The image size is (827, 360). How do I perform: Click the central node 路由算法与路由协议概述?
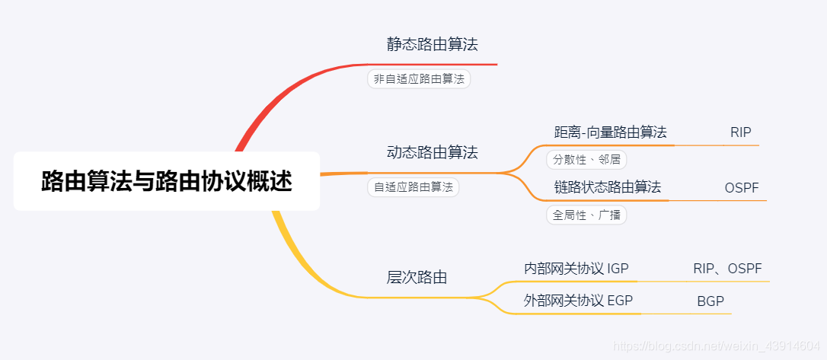point(166,181)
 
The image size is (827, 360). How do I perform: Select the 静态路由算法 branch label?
point(432,44)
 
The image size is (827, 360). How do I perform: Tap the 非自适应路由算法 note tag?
point(419,79)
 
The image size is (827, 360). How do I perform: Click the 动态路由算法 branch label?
point(432,152)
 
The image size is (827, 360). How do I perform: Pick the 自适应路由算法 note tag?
point(413,186)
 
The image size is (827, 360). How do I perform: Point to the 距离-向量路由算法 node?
point(610,132)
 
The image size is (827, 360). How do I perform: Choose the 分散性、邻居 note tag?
point(586,160)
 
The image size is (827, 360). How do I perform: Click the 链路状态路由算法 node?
point(607,186)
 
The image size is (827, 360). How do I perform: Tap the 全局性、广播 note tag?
point(586,215)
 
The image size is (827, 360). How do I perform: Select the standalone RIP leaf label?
point(740,132)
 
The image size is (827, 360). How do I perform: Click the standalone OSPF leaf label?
point(741,187)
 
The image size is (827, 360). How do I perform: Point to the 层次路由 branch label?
point(417,277)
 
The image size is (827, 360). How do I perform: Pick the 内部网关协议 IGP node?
point(576,268)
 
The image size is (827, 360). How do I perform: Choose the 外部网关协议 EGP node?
point(578,300)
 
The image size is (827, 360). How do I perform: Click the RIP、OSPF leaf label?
point(726,268)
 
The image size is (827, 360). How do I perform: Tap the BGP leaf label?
point(710,301)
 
